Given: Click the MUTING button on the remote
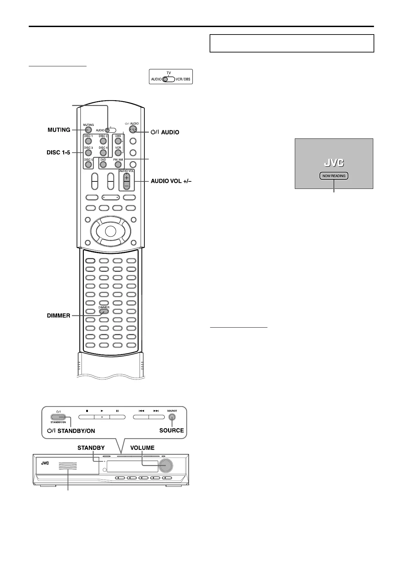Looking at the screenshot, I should [x=88, y=130].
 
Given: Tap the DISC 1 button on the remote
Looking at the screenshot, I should [x=88, y=141].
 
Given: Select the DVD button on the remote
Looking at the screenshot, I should [x=103, y=165].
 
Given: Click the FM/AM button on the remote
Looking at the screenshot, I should [x=118, y=165].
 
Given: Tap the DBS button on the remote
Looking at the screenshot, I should [x=118, y=141].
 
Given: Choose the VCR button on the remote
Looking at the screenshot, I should [x=118, y=153].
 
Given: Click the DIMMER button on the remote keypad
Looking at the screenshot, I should [x=104, y=311].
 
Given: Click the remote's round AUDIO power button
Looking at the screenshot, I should [x=133, y=130].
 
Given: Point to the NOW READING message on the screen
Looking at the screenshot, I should [x=334, y=176].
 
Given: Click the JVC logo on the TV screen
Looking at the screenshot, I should [x=334, y=163].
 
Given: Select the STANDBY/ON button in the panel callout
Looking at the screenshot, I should [x=59, y=417].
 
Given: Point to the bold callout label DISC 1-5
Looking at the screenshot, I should [x=58, y=153].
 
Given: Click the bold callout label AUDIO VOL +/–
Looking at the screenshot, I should [x=171, y=181].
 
